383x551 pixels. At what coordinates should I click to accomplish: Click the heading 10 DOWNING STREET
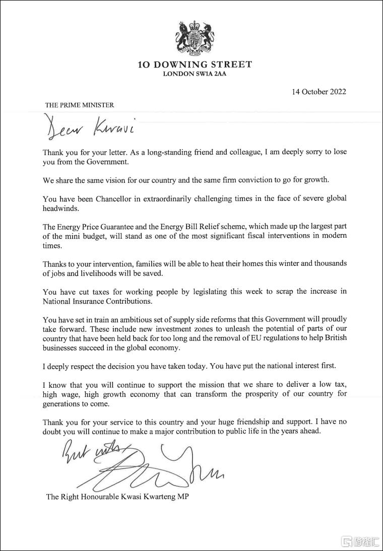point(195,64)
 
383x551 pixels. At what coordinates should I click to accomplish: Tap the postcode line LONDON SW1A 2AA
point(195,74)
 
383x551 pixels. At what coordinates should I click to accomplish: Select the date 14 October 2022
point(318,92)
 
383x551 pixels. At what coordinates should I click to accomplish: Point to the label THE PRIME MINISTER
point(80,105)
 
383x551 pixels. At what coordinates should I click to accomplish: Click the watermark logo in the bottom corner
point(360,541)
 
